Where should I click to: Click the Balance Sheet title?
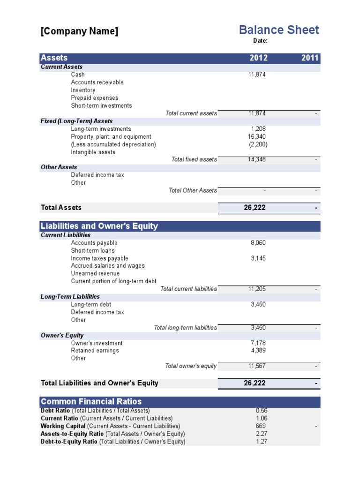[x=279, y=30]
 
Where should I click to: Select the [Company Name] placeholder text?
[x=80, y=31]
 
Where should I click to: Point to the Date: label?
[x=260, y=41]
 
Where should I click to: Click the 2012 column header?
[x=258, y=58]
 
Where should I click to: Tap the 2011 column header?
[x=310, y=58]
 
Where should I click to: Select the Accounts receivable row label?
[x=97, y=82]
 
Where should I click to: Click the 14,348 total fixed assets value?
[x=257, y=159]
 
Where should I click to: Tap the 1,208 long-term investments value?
[x=258, y=129]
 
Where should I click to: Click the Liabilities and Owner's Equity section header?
[x=99, y=226]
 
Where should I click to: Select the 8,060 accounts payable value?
[x=258, y=243]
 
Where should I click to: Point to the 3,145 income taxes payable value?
[x=258, y=258]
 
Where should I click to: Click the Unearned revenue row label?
[x=95, y=273]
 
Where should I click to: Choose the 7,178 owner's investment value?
[x=258, y=343]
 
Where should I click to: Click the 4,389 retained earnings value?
[x=258, y=351]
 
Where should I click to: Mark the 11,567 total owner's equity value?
[x=257, y=366]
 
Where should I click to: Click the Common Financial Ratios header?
[x=91, y=402]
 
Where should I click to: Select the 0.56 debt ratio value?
[x=262, y=411]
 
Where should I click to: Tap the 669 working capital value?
[x=262, y=426]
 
